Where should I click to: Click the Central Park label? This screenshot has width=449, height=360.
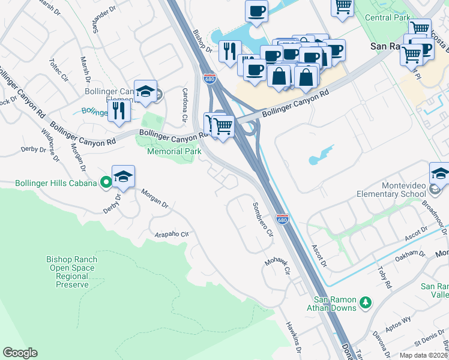pyautogui.click(x=388, y=17)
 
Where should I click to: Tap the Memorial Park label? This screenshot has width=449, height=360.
pyautogui.click(x=173, y=151)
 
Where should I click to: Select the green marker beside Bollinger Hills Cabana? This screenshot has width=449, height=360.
pyautogui.click(x=106, y=181)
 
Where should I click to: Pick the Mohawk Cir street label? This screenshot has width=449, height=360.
pyautogui.click(x=277, y=266)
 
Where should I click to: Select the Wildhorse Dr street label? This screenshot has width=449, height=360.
pyautogui.click(x=50, y=145)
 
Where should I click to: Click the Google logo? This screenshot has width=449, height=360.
pyautogui.click(x=20, y=353)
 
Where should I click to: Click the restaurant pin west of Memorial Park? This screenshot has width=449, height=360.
pyautogui.click(x=119, y=110)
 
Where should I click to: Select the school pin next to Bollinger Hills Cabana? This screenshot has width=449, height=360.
pyautogui.click(x=123, y=176)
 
